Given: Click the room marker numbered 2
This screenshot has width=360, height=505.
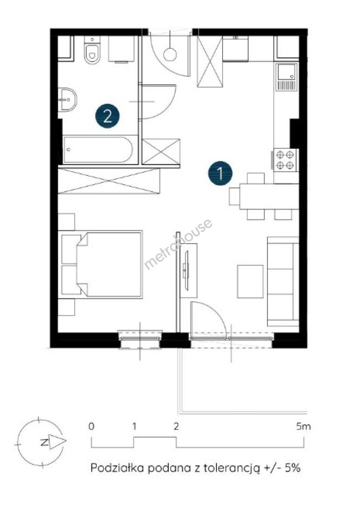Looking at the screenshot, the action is click(x=107, y=116).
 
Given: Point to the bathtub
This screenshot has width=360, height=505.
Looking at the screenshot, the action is click(x=98, y=150).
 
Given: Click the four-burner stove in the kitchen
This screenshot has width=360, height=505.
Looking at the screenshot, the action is click(x=285, y=160).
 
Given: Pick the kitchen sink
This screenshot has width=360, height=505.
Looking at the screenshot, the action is click(x=286, y=77).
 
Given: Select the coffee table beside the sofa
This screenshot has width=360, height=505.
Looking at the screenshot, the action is click(x=250, y=281).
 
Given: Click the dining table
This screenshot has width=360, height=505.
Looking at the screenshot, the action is click(x=269, y=196).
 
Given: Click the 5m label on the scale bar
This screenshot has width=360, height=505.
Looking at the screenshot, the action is click(x=303, y=427).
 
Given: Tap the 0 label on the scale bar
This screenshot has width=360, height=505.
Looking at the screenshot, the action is click(x=92, y=427).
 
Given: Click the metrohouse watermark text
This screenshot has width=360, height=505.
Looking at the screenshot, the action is click(x=178, y=244).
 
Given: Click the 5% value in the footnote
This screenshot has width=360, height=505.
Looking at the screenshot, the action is click(x=292, y=468).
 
